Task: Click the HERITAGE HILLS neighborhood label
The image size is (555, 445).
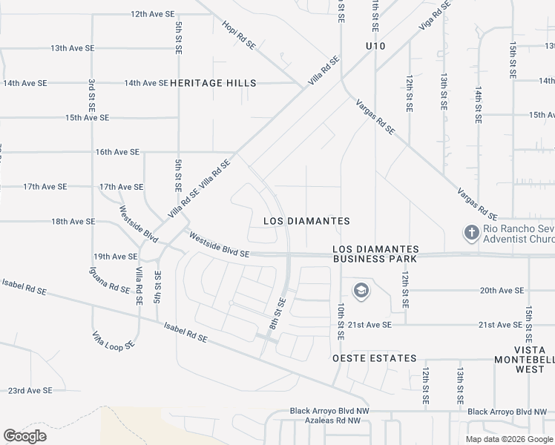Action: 213,83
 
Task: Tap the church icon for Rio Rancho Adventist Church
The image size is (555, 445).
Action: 470,233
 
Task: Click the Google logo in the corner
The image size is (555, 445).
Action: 25,435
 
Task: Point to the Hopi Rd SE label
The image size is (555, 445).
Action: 238,35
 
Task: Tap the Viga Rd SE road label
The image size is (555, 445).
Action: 435,16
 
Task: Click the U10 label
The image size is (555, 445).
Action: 375,46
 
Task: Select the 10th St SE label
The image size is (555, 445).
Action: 341,320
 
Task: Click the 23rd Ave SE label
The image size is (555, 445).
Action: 30,390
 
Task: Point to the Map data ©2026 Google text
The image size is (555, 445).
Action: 509,439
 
